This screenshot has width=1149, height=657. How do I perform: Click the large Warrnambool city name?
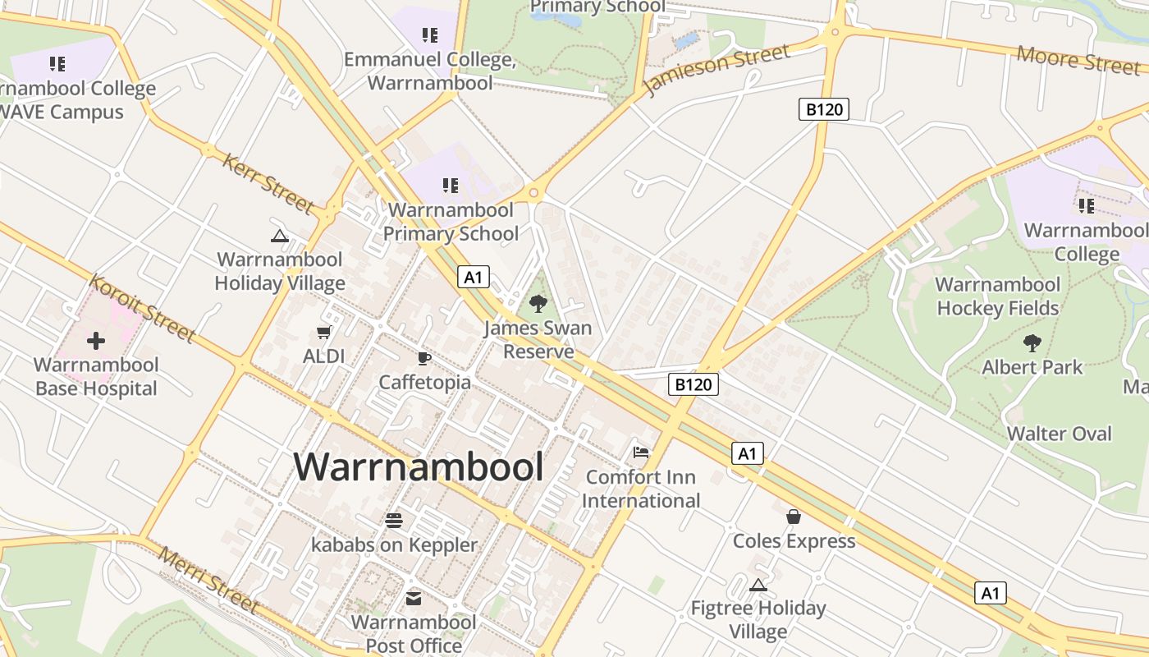pos(419,467)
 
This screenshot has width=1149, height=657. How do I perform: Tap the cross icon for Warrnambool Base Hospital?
pos(96,340)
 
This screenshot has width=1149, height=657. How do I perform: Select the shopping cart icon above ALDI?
pos(323,333)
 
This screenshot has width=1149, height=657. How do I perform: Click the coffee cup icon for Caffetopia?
pos(424,358)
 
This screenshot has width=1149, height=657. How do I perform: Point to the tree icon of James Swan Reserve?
pos(538,304)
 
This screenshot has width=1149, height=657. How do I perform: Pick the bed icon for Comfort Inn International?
pos(641,453)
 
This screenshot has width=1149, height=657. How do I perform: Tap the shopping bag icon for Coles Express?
pos(794,517)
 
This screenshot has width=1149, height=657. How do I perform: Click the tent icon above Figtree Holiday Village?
pos(758,585)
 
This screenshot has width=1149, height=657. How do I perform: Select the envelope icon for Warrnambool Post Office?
pos(414,599)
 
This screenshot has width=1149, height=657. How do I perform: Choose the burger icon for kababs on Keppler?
pos(394,520)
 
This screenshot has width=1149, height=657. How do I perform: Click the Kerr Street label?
pos(268,182)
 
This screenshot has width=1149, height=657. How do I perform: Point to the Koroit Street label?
pos(142,308)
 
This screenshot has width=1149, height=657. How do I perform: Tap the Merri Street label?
pos(208,580)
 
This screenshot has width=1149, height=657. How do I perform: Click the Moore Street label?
pos(1077,59)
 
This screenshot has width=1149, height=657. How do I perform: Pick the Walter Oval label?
pos(1059,434)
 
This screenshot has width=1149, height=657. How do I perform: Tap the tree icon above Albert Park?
pos(1032,342)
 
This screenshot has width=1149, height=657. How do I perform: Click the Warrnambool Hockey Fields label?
pos(998,296)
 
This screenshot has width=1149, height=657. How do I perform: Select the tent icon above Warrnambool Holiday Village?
pos(280,237)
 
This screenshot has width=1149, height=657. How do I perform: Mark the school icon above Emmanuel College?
pos(429,35)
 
